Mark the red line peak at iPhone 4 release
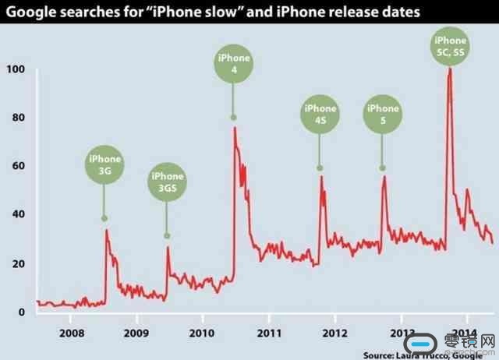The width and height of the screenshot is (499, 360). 235,128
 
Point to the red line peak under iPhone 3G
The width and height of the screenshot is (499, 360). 106,230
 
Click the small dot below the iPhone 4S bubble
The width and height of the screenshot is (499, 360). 320,168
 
